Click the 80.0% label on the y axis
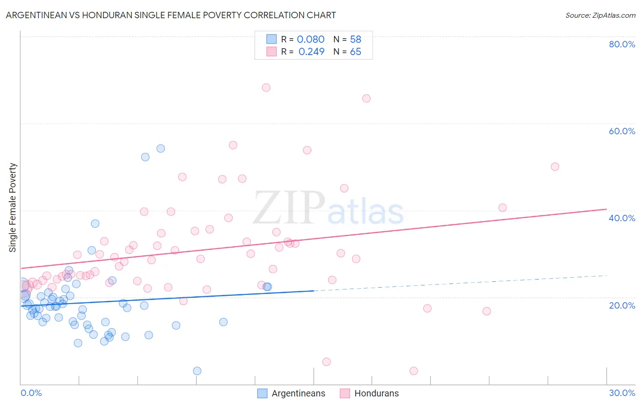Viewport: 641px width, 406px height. [621, 44]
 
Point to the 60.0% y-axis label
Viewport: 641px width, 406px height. [621, 131]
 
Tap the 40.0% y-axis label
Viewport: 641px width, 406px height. [621, 218]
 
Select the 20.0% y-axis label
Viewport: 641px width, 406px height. [621, 305]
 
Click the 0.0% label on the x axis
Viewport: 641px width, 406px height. [31, 393]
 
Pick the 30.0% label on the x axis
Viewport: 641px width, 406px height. [621, 393]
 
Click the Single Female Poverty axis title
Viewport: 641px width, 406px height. [13, 208]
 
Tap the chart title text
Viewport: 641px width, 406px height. [171, 15]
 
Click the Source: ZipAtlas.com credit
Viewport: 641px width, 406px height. [600, 15]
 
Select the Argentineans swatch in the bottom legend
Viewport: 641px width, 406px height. [262, 393]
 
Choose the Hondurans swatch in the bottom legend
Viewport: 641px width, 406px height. [345, 393]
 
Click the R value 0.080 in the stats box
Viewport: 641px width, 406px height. [310, 40]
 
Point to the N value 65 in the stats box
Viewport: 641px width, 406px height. [355, 52]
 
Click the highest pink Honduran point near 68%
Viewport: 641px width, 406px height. [266, 87]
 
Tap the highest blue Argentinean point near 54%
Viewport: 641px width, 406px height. [160, 148]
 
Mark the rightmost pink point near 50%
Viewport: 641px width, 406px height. [555, 167]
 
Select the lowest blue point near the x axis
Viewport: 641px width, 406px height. [197, 371]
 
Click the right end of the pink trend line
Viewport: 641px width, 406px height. [606, 209]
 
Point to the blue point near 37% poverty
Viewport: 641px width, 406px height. [95, 223]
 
